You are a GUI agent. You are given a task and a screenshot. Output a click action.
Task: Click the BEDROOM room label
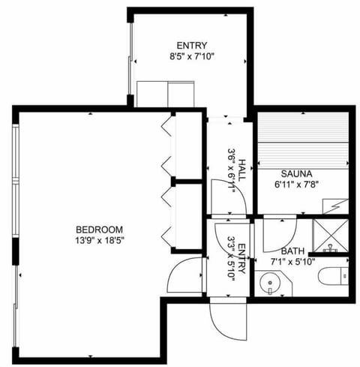[99, 229]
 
